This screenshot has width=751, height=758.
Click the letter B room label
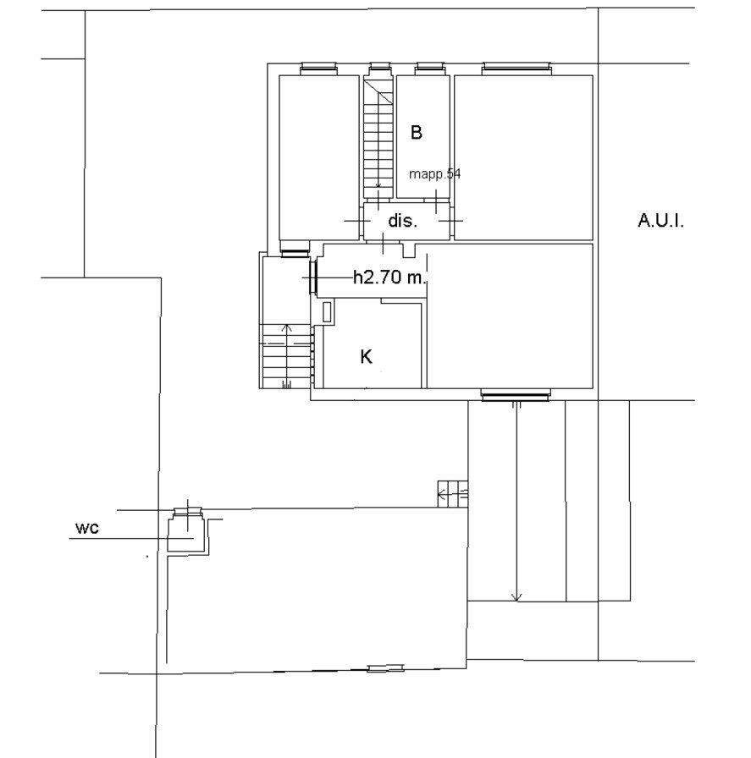pos(417,132)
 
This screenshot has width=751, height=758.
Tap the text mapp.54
pos(434,173)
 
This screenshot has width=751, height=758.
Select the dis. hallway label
pos(403,221)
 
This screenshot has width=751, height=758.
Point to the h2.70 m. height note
pos(390,277)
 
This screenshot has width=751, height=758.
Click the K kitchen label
pos(367,357)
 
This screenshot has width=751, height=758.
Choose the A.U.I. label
pos(660,221)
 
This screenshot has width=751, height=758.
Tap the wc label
pos(87,528)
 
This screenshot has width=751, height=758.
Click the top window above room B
pos(430,69)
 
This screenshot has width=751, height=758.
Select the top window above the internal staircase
pos(379,69)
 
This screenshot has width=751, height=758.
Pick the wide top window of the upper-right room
pos(516,69)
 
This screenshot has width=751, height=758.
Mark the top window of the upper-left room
pos(318,69)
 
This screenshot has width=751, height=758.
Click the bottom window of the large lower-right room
pos(515,394)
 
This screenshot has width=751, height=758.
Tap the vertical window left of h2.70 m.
pos(313,277)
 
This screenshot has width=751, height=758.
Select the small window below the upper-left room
pos(294,252)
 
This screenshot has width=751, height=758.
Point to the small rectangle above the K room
pos(328,312)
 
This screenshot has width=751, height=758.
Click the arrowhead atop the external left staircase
pos(287,327)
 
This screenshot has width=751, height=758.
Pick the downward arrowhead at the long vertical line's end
pos(516,597)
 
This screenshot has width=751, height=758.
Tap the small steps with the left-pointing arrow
pos(453,493)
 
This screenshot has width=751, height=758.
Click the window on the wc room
pos(188,512)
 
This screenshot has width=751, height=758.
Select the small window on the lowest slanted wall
pos(386,668)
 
